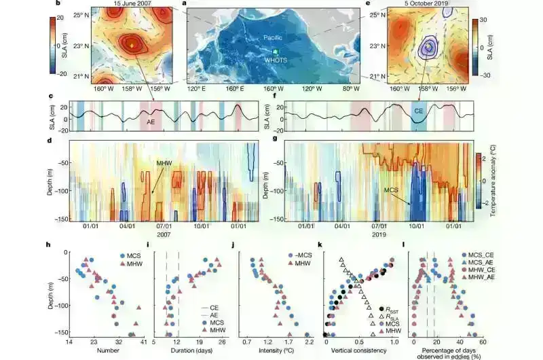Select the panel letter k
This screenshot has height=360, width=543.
[x=318, y=244]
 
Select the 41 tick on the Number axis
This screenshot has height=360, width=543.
[x=143, y=343]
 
